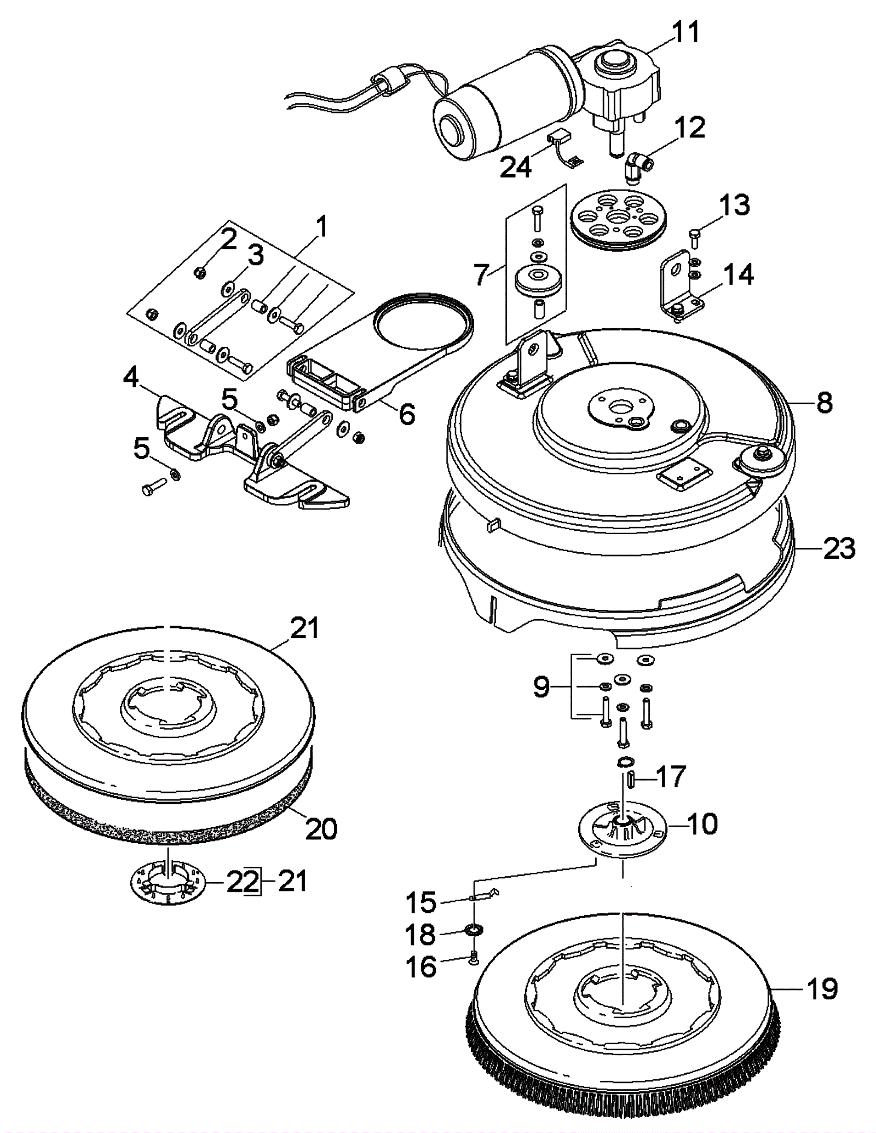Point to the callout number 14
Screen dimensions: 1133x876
point(739,274)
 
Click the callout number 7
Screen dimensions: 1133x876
point(480,274)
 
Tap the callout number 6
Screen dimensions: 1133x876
point(406,414)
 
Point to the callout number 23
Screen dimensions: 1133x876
point(839,548)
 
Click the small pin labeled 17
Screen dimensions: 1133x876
point(630,778)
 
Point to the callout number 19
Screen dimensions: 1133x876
point(822,989)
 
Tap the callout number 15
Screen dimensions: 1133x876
point(420,902)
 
